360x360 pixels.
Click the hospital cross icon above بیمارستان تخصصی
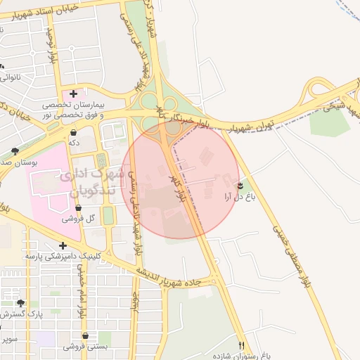click(x=74, y=94)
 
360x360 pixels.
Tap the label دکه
click(x=73, y=142)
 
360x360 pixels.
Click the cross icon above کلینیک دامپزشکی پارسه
click(x=63, y=246)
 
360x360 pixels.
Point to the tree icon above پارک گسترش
click(x=20, y=303)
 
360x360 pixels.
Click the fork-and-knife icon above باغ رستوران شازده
click(x=243, y=345)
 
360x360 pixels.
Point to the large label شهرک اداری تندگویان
click(x=91, y=179)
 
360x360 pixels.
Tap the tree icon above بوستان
click(x=15, y=151)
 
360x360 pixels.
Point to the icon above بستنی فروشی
click(x=85, y=336)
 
